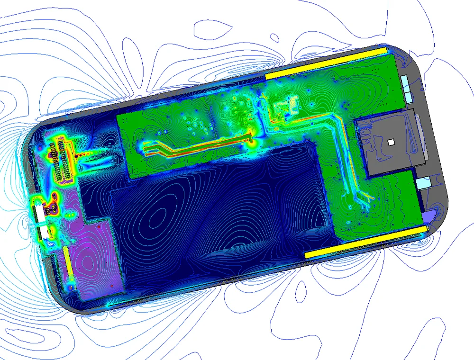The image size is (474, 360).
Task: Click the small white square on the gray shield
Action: [x=391, y=142]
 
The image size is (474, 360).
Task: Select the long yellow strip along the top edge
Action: [x=327, y=62]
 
